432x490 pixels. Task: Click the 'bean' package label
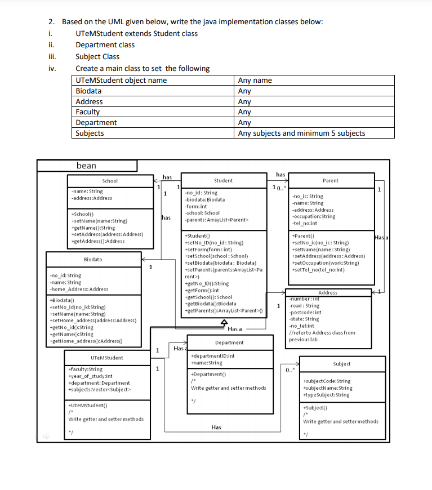(x=86, y=166)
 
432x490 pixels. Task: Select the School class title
(x=110, y=181)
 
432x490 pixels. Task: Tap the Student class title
(x=223, y=181)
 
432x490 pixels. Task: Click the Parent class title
(x=331, y=181)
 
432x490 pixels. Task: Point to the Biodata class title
(x=93, y=259)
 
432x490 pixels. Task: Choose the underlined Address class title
(x=328, y=292)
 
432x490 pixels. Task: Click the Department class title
(x=229, y=342)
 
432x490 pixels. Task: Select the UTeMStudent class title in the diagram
(x=106, y=358)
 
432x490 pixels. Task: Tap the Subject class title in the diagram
(x=342, y=364)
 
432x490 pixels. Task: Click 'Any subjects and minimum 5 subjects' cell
(x=301, y=133)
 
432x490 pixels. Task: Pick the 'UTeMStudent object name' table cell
(x=121, y=81)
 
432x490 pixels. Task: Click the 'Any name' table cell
(x=255, y=81)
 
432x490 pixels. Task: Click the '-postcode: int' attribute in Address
(x=305, y=312)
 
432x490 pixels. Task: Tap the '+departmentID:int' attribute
(x=213, y=356)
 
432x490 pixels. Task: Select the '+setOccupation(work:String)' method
(x=326, y=263)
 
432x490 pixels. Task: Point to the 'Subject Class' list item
(x=97, y=56)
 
